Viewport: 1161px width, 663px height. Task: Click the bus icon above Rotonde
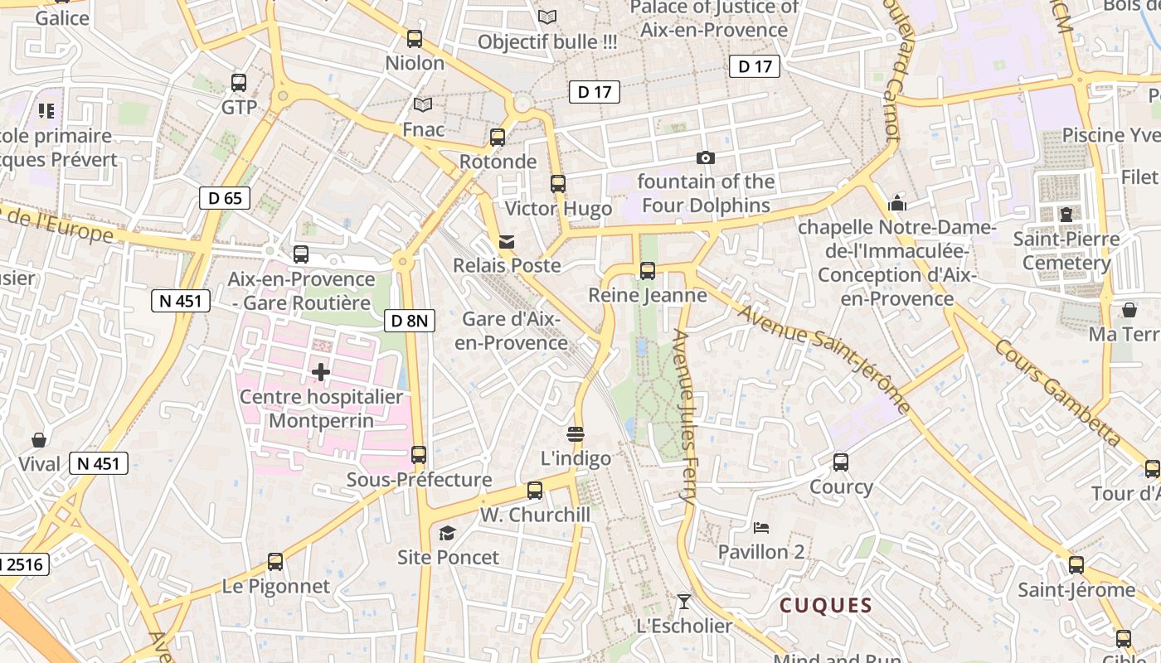(x=498, y=138)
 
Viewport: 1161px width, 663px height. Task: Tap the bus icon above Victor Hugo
(x=558, y=184)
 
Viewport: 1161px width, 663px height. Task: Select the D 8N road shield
(x=410, y=321)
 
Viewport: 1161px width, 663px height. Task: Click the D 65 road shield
(x=225, y=198)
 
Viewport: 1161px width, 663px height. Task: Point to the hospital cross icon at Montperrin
(x=321, y=372)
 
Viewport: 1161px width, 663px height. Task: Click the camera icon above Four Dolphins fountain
(x=705, y=157)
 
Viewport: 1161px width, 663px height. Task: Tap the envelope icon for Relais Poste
(x=506, y=242)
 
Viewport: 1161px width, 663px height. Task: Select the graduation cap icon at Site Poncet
(x=448, y=533)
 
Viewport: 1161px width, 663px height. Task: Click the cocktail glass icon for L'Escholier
(x=684, y=601)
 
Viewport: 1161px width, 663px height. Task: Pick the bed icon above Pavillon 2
(x=761, y=527)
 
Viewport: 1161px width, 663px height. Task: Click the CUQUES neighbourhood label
(x=826, y=606)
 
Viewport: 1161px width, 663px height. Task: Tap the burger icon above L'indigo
(x=576, y=433)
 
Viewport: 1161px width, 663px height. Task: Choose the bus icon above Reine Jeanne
(x=648, y=270)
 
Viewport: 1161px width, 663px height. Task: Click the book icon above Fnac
(x=423, y=105)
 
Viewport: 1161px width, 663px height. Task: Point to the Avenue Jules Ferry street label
(x=684, y=418)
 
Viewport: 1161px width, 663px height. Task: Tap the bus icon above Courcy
(x=841, y=462)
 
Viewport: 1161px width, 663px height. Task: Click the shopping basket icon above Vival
(x=39, y=439)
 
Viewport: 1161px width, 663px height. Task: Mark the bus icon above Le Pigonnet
(x=275, y=562)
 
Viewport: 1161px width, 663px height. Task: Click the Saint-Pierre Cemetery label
(x=1066, y=251)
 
